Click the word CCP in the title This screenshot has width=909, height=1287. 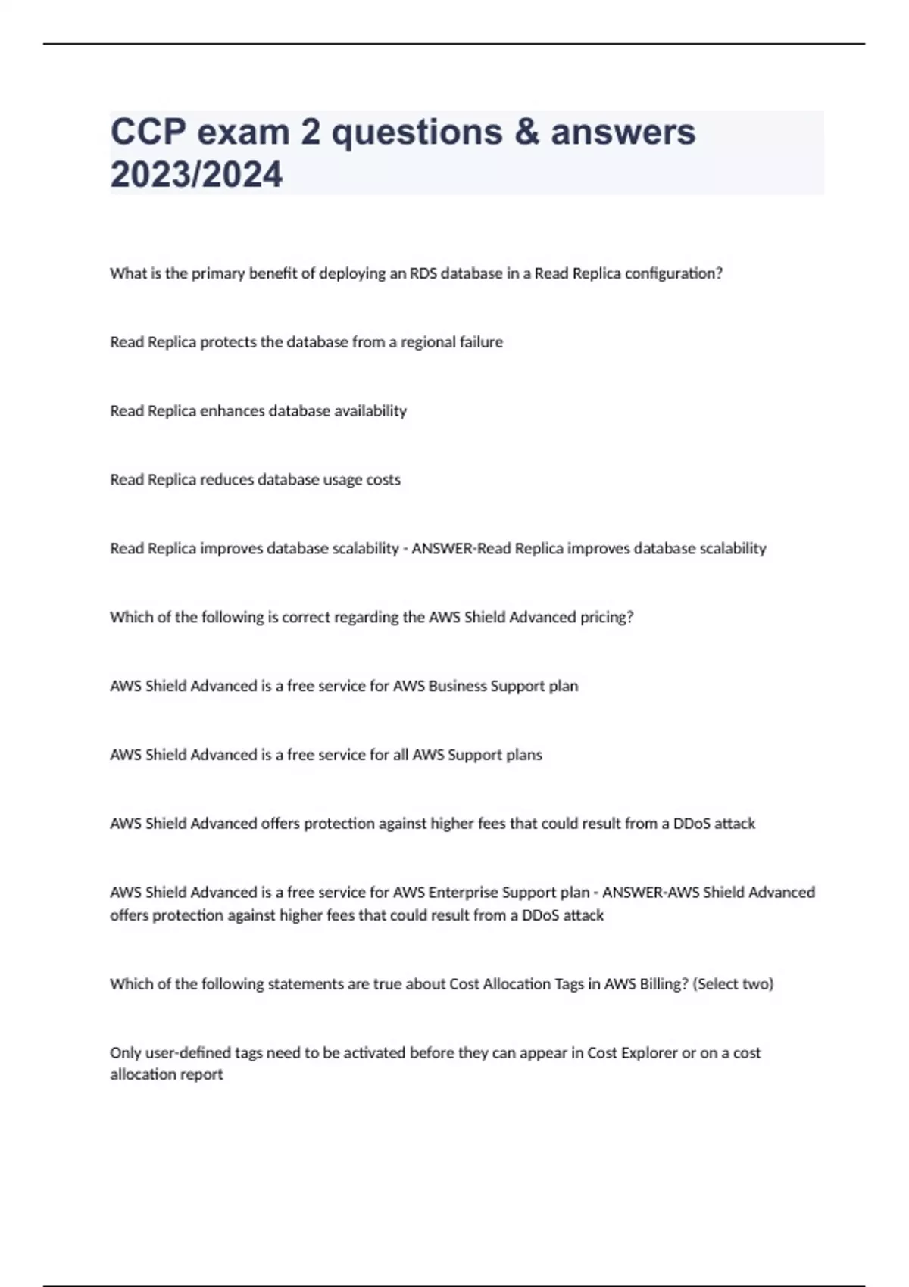148,132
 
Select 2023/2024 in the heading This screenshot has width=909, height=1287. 196,175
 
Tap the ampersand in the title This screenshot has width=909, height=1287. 526,132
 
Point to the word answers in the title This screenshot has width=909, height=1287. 623,132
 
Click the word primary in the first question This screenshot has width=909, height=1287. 218,274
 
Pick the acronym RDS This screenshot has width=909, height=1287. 423,273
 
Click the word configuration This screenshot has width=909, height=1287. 677,274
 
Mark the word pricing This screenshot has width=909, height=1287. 606,618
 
